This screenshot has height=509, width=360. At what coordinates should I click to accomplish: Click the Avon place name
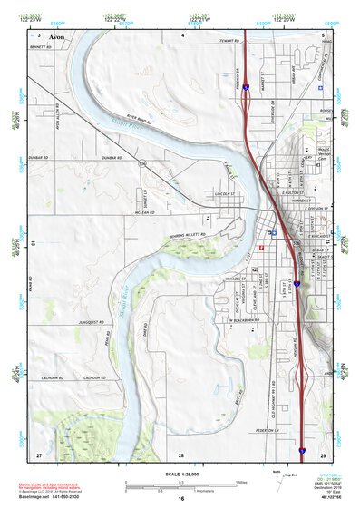pos(58,38)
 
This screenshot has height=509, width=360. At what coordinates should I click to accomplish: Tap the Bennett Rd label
pos(42,46)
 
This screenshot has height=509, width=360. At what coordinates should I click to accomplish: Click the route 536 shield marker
pos(142,164)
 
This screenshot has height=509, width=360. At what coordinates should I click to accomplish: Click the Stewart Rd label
pos(228,41)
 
